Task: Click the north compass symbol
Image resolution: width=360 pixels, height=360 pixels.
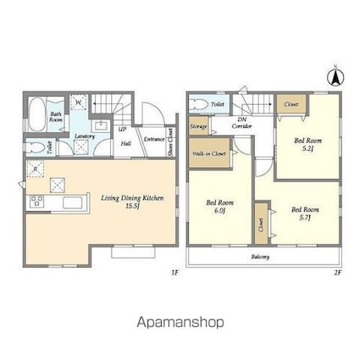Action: (335, 76)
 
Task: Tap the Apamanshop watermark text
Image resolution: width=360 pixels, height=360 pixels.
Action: (180, 323)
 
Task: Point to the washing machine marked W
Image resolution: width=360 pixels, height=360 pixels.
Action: (78, 103)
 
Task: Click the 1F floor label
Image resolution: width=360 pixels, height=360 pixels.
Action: (174, 273)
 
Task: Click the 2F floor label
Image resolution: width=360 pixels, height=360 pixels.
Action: (336, 273)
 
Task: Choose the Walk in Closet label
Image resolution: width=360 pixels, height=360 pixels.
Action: (208, 153)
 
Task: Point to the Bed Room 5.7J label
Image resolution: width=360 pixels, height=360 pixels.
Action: (305, 213)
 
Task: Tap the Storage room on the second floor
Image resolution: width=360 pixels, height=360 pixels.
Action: (199, 127)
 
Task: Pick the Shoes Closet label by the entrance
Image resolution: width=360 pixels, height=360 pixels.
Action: (172, 141)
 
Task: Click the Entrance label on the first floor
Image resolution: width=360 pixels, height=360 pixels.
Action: (153, 141)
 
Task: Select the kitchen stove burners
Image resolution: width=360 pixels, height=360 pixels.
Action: (37, 201)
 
